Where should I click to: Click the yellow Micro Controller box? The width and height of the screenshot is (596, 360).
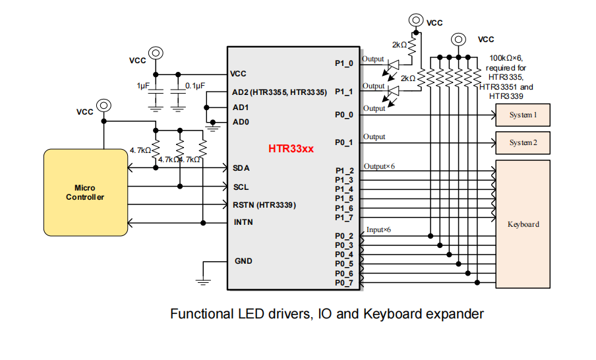[85, 193]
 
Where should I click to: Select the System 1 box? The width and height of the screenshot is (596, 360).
[523, 115]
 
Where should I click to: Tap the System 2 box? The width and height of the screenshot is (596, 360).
[523, 142]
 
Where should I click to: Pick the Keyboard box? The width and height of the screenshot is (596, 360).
[523, 224]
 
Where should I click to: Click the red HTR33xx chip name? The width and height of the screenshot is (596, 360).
[291, 149]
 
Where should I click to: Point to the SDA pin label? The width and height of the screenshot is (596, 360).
[241, 168]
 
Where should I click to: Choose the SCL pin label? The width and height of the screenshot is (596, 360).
[241, 187]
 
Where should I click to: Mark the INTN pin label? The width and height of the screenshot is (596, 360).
[243, 222]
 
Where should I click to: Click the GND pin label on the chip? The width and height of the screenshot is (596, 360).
[243, 261]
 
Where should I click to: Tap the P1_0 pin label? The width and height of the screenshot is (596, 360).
[343, 63]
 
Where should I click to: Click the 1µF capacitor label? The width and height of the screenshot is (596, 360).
[143, 86]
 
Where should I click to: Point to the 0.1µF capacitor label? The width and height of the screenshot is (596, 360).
[195, 86]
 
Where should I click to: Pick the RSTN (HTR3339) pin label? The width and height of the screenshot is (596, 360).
[264, 205]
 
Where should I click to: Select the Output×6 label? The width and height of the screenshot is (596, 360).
[379, 166]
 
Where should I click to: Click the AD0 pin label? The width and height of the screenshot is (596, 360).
[241, 122]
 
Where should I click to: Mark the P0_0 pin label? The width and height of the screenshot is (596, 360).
[343, 115]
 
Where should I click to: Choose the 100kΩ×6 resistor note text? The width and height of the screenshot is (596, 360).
[506, 59]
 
